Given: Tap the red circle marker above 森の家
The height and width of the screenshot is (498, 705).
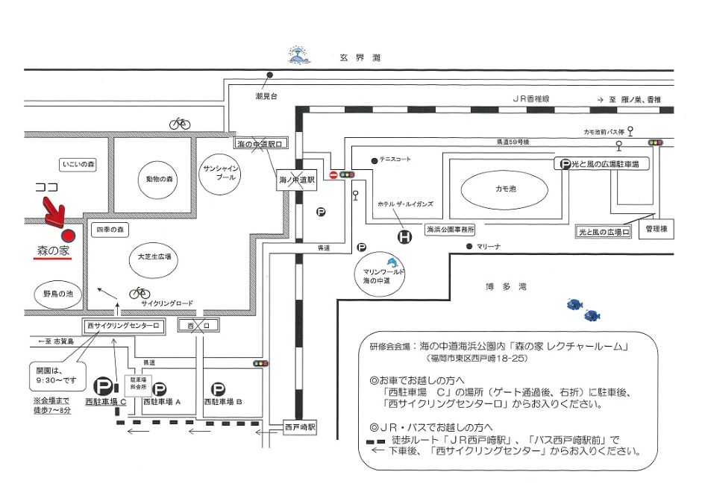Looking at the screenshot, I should (x=68, y=236).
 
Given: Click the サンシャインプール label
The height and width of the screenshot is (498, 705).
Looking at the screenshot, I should (x=222, y=174).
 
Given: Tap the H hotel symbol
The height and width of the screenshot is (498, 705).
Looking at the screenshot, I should (x=404, y=236).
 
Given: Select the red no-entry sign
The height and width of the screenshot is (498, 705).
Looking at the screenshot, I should (x=333, y=175).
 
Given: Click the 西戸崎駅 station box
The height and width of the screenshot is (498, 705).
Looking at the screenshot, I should (x=301, y=428).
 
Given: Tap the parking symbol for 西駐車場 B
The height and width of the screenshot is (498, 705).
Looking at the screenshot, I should (x=218, y=388).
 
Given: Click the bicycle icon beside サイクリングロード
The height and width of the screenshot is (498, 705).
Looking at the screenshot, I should (x=139, y=292).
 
